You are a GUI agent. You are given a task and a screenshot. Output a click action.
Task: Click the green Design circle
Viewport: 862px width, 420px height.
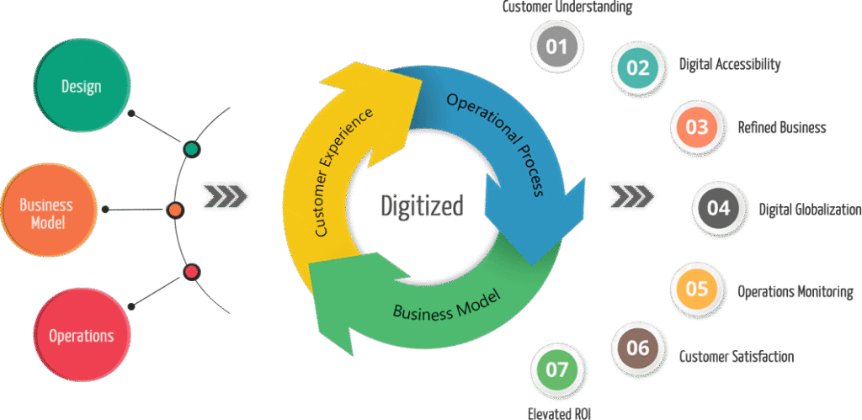tap(82, 88)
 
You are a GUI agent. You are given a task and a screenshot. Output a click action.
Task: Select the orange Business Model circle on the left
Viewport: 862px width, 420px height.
tap(46, 214)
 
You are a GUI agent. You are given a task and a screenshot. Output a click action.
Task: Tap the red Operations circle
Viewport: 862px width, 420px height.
tap(82, 336)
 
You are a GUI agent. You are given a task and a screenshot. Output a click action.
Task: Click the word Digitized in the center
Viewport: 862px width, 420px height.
tap(423, 205)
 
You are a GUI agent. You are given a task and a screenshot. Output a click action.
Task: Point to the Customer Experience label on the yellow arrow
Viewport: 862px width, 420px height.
tap(345, 173)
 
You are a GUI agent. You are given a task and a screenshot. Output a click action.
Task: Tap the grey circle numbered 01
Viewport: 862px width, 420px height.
tap(557, 46)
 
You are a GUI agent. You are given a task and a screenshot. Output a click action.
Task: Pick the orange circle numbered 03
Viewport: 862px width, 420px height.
tap(696, 128)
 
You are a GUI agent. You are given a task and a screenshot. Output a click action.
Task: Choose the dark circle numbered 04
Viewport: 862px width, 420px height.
tap(718, 208)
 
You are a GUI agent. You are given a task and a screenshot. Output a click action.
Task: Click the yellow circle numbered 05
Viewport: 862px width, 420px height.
tap(696, 290)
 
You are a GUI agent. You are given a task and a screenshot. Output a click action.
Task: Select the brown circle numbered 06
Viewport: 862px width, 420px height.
tap(638, 348)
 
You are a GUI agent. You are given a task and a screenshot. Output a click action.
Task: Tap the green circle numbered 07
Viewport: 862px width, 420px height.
tap(557, 369)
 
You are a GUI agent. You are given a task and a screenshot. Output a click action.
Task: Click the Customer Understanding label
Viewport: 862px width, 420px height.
tap(567, 8)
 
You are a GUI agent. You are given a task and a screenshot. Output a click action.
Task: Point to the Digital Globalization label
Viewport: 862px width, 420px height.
tap(809, 210)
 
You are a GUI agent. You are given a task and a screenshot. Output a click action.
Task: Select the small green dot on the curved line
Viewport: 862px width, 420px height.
tap(192, 150)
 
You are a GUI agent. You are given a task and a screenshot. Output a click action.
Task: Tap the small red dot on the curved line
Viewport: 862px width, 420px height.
tap(192, 272)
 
